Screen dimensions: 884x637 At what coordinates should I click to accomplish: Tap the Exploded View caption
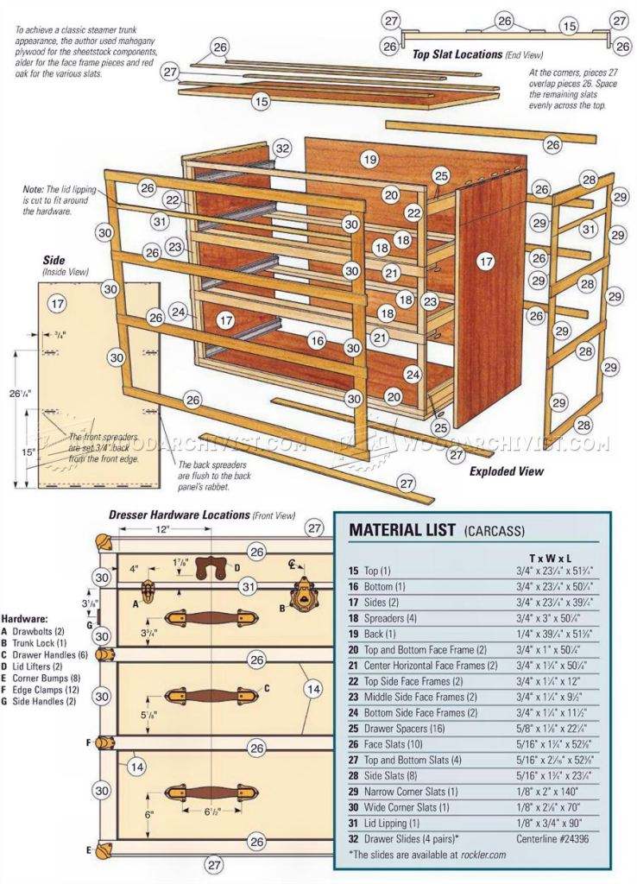[x=507, y=471]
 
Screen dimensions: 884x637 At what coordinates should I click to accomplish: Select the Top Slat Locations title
[x=457, y=54]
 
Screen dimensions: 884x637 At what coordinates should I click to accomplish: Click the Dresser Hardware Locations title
[x=179, y=515]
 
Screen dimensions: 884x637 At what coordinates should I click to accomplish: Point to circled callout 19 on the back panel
[x=370, y=160]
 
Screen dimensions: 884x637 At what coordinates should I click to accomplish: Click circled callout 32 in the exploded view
[x=282, y=148]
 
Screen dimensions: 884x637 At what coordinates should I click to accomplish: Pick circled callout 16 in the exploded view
[x=318, y=342]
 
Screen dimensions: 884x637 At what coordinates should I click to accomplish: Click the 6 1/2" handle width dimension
[x=214, y=811]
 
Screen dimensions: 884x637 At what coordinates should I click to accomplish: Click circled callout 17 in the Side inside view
[x=57, y=304]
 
